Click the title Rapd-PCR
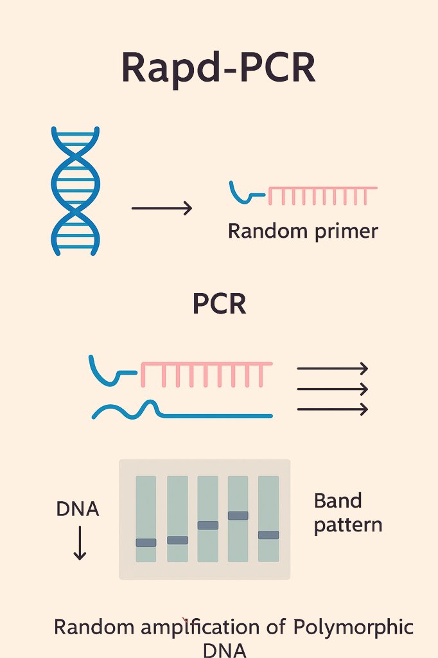click(218, 68)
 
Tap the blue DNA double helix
click(75, 191)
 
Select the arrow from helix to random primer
click(161, 208)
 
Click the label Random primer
click(302, 231)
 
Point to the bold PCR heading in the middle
click(219, 304)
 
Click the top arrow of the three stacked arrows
click(332, 368)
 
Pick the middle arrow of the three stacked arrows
click(332, 389)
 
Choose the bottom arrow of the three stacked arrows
click(332, 409)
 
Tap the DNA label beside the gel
click(78, 509)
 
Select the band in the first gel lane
click(146, 542)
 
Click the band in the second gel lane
click(177, 540)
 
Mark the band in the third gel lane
click(207, 525)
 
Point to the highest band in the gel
click(238, 515)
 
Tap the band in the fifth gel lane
click(268, 535)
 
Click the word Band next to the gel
click(338, 501)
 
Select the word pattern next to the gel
click(347, 525)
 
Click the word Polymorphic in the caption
click(353, 627)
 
